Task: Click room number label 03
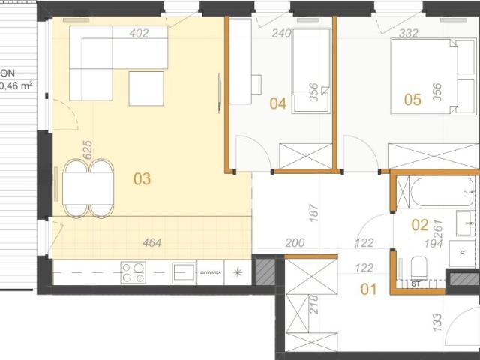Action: coord(142,179)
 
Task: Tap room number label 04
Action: coord(278,103)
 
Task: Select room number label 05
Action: coord(412,99)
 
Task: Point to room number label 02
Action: coord(420,223)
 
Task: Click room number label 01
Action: coord(368,287)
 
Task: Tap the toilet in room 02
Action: coord(419,265)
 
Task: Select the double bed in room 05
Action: coord(424,75)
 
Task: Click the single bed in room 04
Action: coord(310,70)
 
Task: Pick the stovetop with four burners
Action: coord(134,271)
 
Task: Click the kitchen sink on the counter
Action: coord(184,271)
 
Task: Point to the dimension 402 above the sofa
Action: coord(139,33)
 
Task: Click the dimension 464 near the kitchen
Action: coord(152,242)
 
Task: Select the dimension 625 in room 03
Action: coord(87,149)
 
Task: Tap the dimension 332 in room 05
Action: coord(409,33)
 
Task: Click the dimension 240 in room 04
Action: coord(281,33)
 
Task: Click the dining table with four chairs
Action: coord(88,188)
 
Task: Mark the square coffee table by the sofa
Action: coord(146,88)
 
